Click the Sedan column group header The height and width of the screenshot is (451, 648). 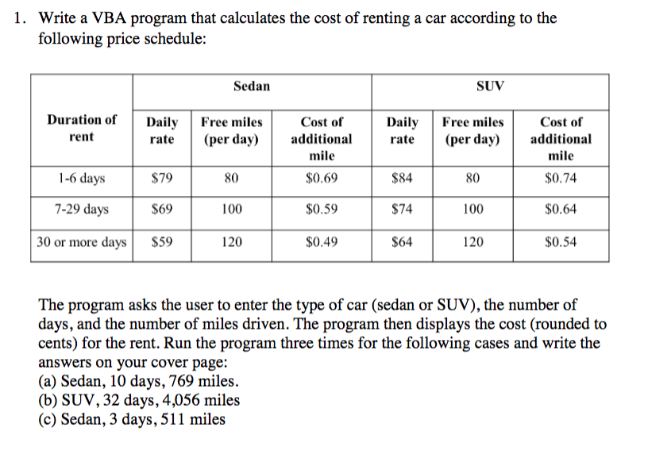[x=252, y=86]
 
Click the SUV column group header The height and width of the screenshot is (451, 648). [x=490, y=86]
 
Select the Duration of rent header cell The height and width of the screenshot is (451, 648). [x=82, y=129]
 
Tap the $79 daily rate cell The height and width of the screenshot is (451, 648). [x=162, y=178]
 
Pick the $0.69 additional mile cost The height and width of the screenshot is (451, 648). [x=322, y=178]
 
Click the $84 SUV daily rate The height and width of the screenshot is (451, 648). [x=401, y=178]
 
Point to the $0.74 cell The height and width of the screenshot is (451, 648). [x=561, y=178]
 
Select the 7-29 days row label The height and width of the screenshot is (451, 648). [x=82, y=210]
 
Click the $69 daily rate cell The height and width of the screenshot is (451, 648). [x=162, y=210]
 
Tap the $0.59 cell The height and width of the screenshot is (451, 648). [x=322, y=210]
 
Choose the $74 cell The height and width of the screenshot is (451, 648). [x=401, y=210]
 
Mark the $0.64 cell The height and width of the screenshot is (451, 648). [x=561, y=210]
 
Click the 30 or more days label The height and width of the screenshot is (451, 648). [x=82, y=242]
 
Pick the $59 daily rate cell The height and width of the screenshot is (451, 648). [x=162, y=242]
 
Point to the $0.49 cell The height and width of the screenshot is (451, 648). [x=322, y=242]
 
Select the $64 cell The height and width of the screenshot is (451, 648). [x=401, y=242]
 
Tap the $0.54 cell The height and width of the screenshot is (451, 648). [x=561, y=242]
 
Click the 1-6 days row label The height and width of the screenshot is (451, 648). [x=82, y=178]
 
